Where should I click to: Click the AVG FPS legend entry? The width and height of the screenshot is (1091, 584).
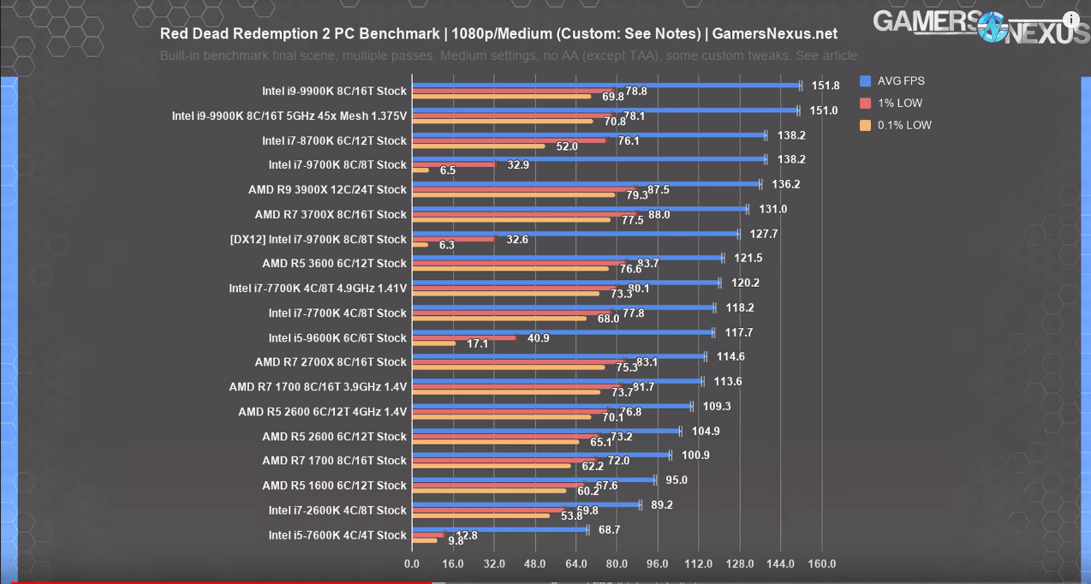tap(900, 81)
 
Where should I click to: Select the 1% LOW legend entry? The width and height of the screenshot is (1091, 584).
tap(898, 104)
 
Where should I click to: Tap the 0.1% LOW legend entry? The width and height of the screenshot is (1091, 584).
tap(903, 125)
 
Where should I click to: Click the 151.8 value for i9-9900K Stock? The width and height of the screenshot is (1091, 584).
tap(826, 86)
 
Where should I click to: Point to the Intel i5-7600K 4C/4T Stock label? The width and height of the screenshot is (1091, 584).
tap(337, 535)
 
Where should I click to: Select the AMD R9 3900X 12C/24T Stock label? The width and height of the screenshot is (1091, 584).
tap(327, 189)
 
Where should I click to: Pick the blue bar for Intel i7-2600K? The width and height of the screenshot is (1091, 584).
tap(526, 504)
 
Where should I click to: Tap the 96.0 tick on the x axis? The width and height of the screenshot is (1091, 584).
tap(658, 564)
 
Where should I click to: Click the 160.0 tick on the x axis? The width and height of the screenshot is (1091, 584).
tap(821, 564)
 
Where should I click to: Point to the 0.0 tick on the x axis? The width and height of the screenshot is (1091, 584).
tap(412, 564)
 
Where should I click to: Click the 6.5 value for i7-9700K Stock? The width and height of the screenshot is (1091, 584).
tap(448, 170)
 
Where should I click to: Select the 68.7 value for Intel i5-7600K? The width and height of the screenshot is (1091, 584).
tap(609, 530)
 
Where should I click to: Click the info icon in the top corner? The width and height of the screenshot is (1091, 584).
tap(1071, 20)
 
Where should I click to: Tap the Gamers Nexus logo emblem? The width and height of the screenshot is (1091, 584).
tap(993, 27)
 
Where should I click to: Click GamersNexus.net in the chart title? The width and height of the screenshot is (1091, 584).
tap(774, 34)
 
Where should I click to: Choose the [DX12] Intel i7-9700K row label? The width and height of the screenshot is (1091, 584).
tap(318, 239)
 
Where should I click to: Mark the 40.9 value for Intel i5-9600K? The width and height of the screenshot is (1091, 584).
tap(539, 338)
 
